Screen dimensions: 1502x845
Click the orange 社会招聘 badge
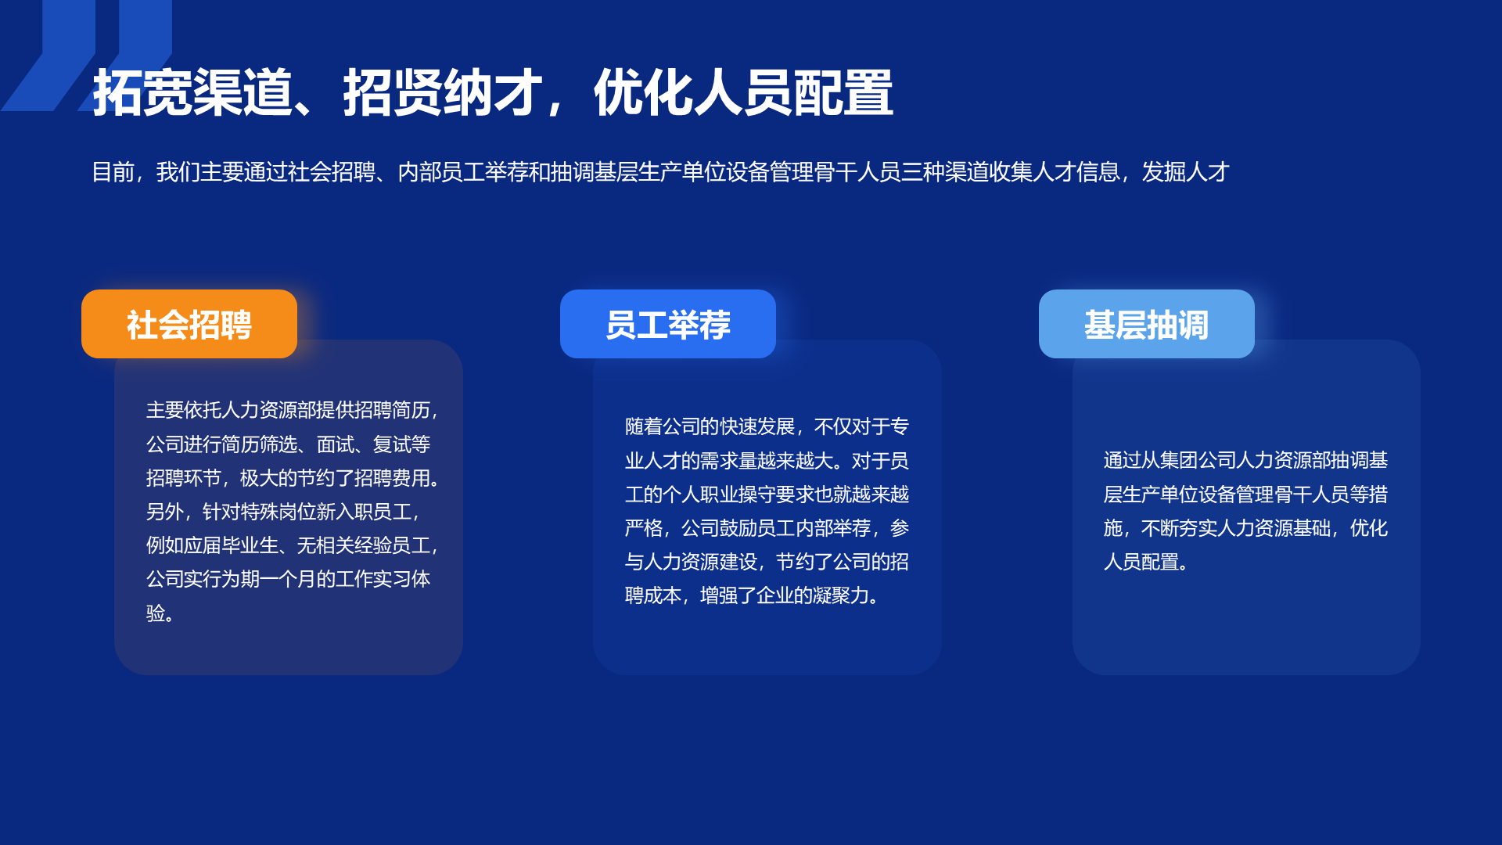coord(189,324)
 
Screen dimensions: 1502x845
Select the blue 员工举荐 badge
coord(668,324)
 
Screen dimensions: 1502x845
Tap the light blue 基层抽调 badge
coord(1147,324)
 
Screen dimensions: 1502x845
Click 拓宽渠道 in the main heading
coord(192,93)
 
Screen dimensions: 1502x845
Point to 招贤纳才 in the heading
coord(443,93)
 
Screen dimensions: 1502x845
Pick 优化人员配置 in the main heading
coord(743,93)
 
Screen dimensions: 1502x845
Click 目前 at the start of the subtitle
coord(113,172)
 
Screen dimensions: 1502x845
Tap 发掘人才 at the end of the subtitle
coord(1186,172)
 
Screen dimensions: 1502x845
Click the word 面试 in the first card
coord(336,444)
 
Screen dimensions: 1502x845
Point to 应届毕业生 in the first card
coord(231,545)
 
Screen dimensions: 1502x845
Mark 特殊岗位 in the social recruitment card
coord(278,512)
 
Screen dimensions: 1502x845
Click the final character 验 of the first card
coord(156,613)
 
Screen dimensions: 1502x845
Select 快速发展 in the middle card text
coord(757,426)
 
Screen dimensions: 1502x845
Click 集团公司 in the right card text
coord(1198,460)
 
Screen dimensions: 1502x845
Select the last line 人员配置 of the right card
coord(1141,562)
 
